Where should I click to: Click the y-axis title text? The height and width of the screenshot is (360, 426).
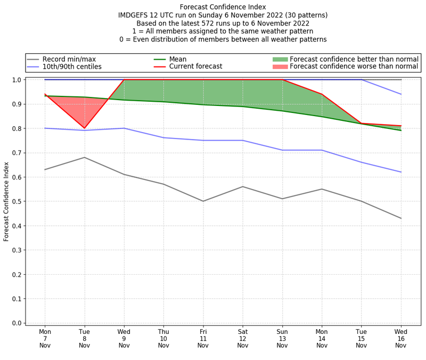[7, 201]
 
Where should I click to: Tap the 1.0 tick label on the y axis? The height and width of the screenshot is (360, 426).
[16, 80]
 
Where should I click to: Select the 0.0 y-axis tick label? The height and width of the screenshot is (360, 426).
[16, 323]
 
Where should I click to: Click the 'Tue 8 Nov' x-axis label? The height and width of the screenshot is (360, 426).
[84, 338]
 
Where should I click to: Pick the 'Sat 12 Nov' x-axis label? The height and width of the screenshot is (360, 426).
[242, 338]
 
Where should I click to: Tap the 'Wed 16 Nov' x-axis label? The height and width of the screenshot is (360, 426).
[400, 338]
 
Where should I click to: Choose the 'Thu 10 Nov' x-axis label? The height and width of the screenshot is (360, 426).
[163, 338]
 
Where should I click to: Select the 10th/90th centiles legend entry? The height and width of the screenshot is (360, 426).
[72, 67]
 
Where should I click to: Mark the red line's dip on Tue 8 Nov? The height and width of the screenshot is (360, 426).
[84, 128]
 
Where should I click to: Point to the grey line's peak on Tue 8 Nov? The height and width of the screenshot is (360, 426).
[84, 157]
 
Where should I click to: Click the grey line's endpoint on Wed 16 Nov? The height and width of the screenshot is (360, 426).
[400, 218]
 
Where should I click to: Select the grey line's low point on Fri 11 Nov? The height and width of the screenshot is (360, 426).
[203, 201]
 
